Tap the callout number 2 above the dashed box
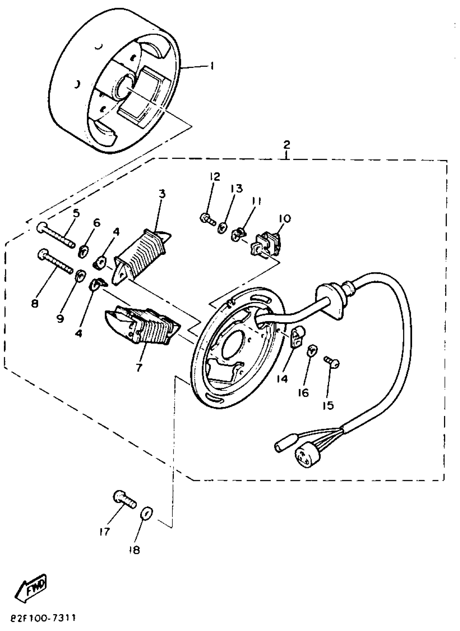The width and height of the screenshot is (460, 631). click(287, 145)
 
